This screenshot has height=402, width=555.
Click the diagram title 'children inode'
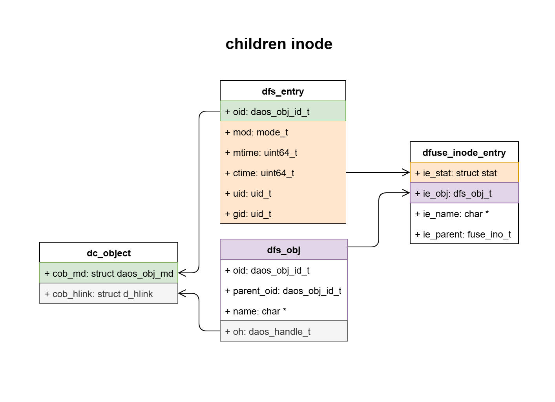coord(279,44)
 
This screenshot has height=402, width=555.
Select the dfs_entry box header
coord(283,91)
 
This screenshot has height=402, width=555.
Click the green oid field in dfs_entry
coord(283,111)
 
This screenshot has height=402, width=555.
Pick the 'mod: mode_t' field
coord(283,132)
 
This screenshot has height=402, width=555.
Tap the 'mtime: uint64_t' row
coord(283,153)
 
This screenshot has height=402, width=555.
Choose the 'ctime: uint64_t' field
coord(283,173)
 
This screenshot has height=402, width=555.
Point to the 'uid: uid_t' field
coord(283,194)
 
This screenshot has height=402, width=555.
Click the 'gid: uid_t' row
coord(283,214)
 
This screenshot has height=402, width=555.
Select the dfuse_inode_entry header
coord(464,152)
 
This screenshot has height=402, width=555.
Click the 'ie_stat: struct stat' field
coord(464,173)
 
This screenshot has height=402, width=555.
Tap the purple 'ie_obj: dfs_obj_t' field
coord(464,193)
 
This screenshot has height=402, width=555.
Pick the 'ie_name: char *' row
coord(464,214)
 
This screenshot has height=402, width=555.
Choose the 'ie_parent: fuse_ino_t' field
coord(464,234)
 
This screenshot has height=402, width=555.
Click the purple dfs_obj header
coord(283,250)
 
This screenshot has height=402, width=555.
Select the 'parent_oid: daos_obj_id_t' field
coord(283,291)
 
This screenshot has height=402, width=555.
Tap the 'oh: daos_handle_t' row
coord(283,332)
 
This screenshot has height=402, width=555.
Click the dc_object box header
coord(109,253)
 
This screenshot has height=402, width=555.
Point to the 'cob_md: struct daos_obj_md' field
coord(109,273)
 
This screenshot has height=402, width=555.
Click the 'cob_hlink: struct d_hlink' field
coord(109,294)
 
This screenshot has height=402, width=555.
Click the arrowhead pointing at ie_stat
coord(407,172)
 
